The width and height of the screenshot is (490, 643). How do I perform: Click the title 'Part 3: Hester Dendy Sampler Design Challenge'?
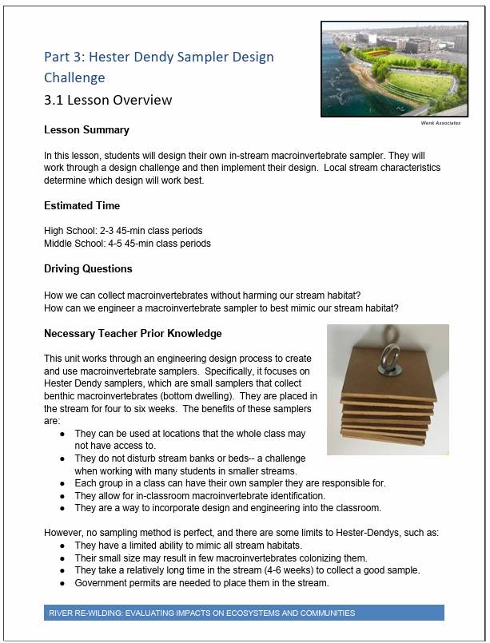pos(158,67)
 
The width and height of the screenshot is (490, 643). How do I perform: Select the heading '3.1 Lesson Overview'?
pos(108,100)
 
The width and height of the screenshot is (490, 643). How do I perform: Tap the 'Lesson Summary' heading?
pos(86,129)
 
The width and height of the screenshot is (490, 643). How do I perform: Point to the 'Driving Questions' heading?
pos(88,268)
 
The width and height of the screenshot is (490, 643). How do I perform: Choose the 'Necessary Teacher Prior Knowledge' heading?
pos(133,333)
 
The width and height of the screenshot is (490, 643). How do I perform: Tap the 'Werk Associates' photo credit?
pos(440,123)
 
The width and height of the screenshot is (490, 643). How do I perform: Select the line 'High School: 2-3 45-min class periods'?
pos(123,231)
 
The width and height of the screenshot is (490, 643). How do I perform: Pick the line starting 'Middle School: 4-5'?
pos(127,243)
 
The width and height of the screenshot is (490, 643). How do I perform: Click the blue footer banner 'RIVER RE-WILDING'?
pos(244,613)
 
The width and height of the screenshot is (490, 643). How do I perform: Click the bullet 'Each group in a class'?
pos(229,482)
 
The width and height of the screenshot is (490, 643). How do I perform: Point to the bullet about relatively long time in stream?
pos(247,570)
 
